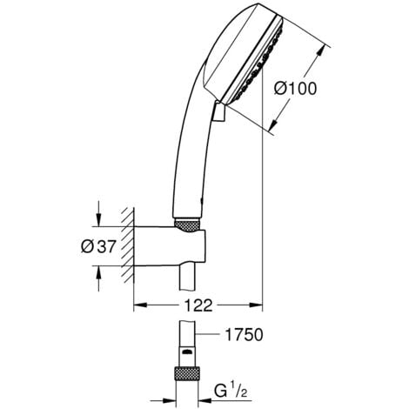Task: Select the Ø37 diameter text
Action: (97, 246)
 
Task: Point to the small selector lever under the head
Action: (219, 110)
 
